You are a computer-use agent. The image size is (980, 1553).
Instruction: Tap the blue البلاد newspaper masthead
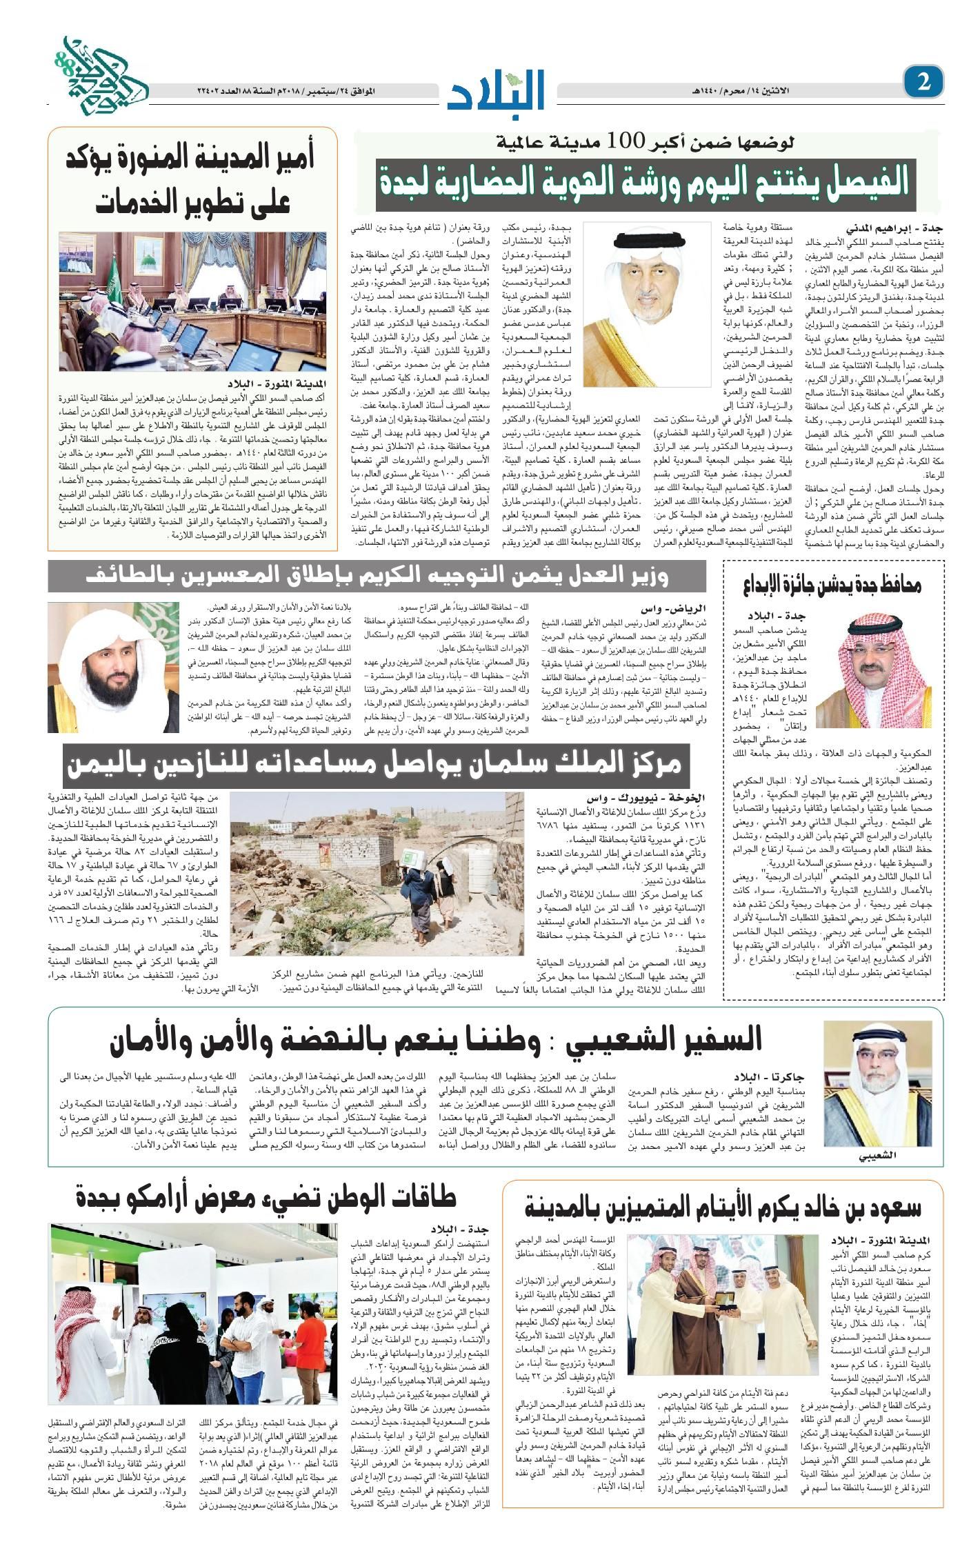pos(497,88)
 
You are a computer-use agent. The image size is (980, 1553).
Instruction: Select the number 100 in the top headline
pos(634,141)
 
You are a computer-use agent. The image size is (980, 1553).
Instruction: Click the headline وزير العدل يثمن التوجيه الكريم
pos(377,576)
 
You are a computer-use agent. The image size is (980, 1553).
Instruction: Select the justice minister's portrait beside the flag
pos(114,667)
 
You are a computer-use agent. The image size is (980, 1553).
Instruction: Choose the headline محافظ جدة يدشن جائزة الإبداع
pos(832,585)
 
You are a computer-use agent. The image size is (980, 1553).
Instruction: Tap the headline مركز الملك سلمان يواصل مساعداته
pos(372,763)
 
